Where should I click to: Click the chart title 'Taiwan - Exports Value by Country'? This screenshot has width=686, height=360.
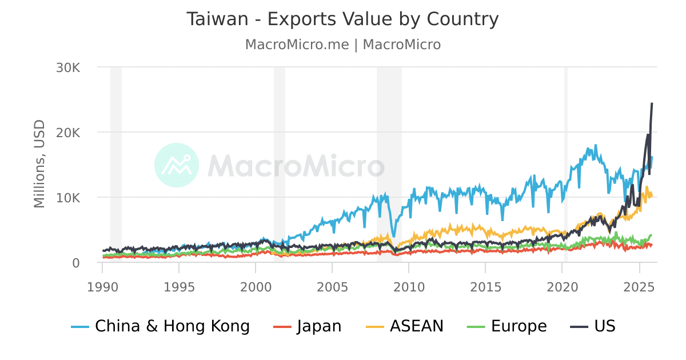click(342, 19)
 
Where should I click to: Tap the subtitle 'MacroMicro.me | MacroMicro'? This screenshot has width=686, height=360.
click(342, 45)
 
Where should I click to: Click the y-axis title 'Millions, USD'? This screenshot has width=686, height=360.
click(39, 164)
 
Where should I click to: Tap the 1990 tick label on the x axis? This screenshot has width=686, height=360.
click(103, 285)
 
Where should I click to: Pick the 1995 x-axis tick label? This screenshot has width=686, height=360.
click(180, 285)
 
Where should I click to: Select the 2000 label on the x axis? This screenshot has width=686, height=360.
click(256, 285)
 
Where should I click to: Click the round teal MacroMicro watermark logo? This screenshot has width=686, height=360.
click(177, 165)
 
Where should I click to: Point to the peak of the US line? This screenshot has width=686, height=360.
click(652, 103)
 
